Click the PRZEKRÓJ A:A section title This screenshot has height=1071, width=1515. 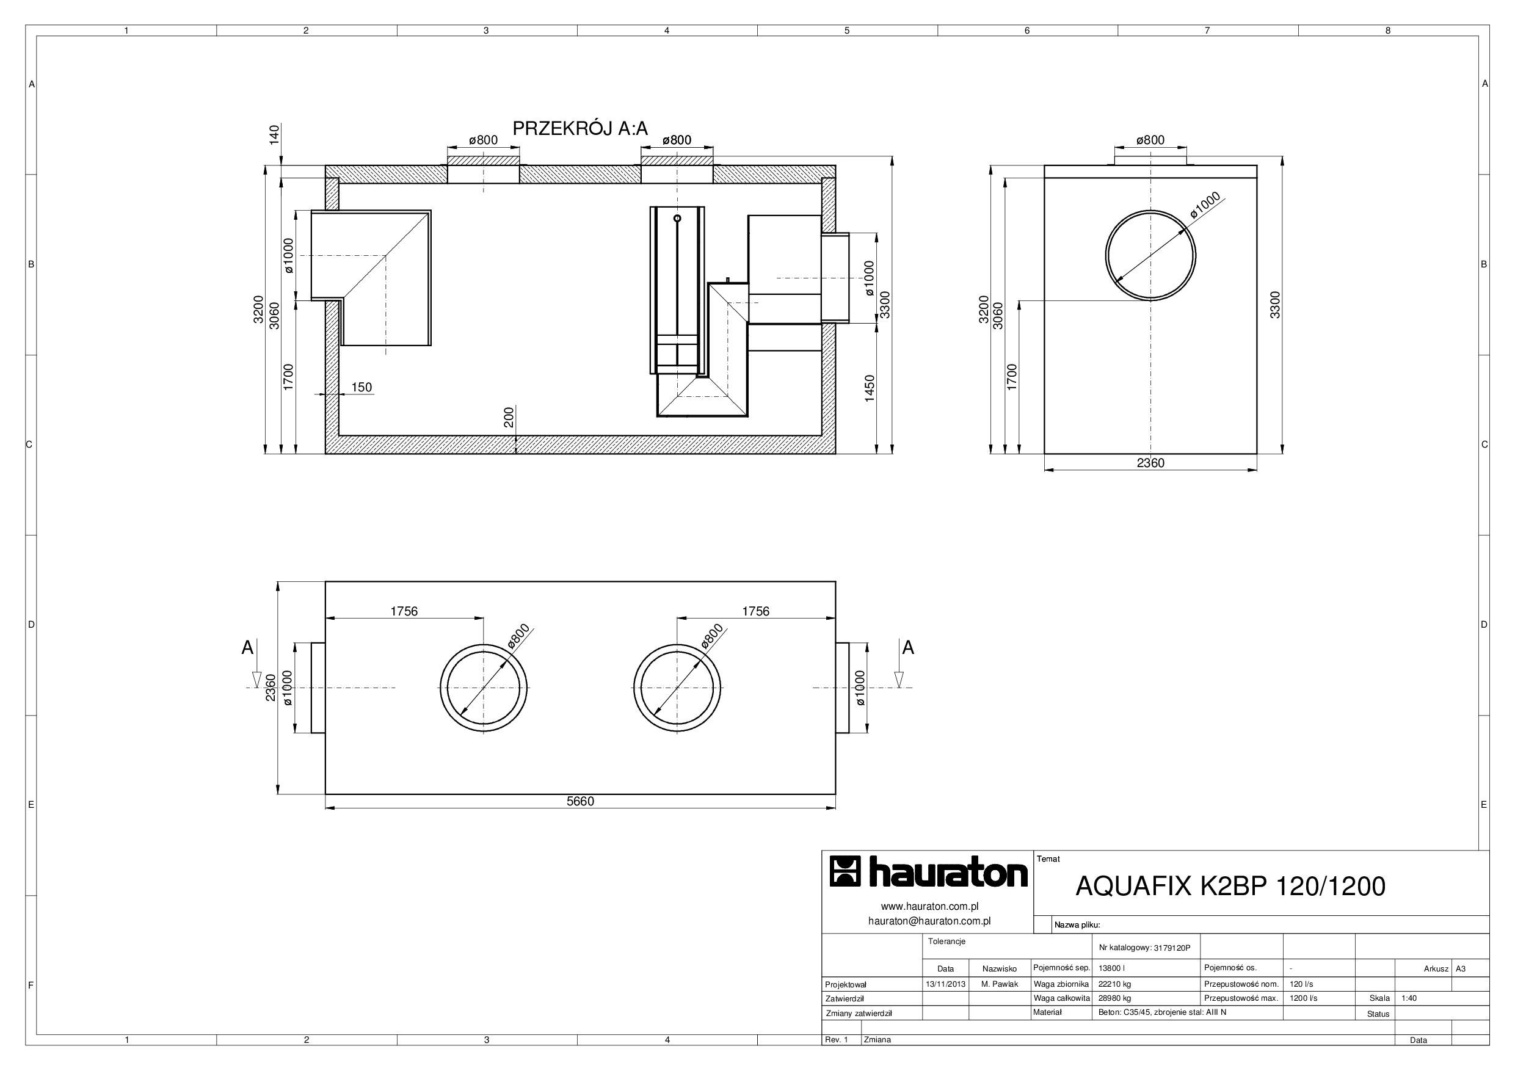tap(580, 129)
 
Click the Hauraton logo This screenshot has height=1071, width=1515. tap(928, 873)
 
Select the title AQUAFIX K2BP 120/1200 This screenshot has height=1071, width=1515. tap(1230, 886)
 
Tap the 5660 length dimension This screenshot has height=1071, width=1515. tap(581, 801)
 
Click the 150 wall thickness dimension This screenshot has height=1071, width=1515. tap(361, 387)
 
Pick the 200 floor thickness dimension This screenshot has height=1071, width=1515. tap(509, 417)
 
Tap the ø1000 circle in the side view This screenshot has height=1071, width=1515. tap(1106, 255)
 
